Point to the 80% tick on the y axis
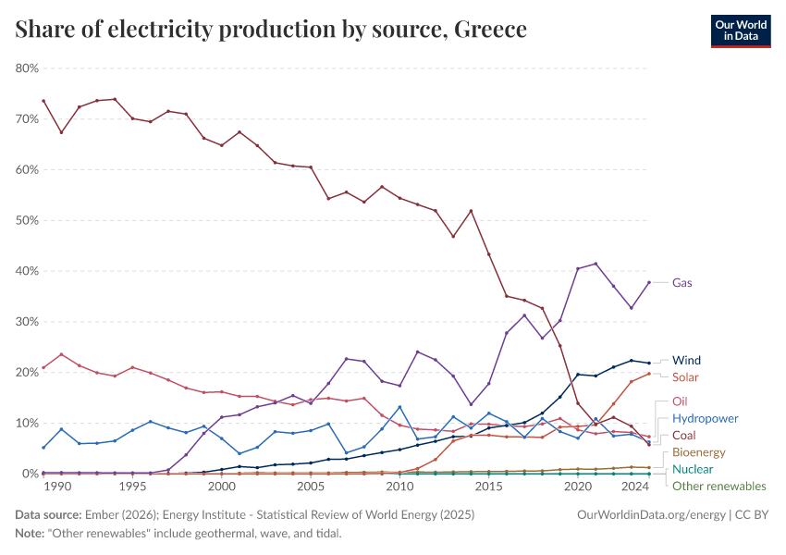click(x=26, y=68)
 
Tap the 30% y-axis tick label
click(x=26, y=322)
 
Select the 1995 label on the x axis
click(x=132, y=487)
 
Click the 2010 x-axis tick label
click(x=399, y=487)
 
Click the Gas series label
click(x=682, y=283)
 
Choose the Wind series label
click(x=687, y=360)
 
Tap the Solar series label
click(x=686, y=377)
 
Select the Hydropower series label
click(x=705, y=419)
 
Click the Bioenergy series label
click(x=699, y=452)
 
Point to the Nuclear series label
click(x=693, y=469)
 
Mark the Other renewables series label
click(x=718, y=486)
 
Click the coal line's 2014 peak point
click(x=471, y=211)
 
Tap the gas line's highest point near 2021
click(x=596, y=264)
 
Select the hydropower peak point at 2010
click(x=399, y=407)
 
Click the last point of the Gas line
click(x=649, y=282)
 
